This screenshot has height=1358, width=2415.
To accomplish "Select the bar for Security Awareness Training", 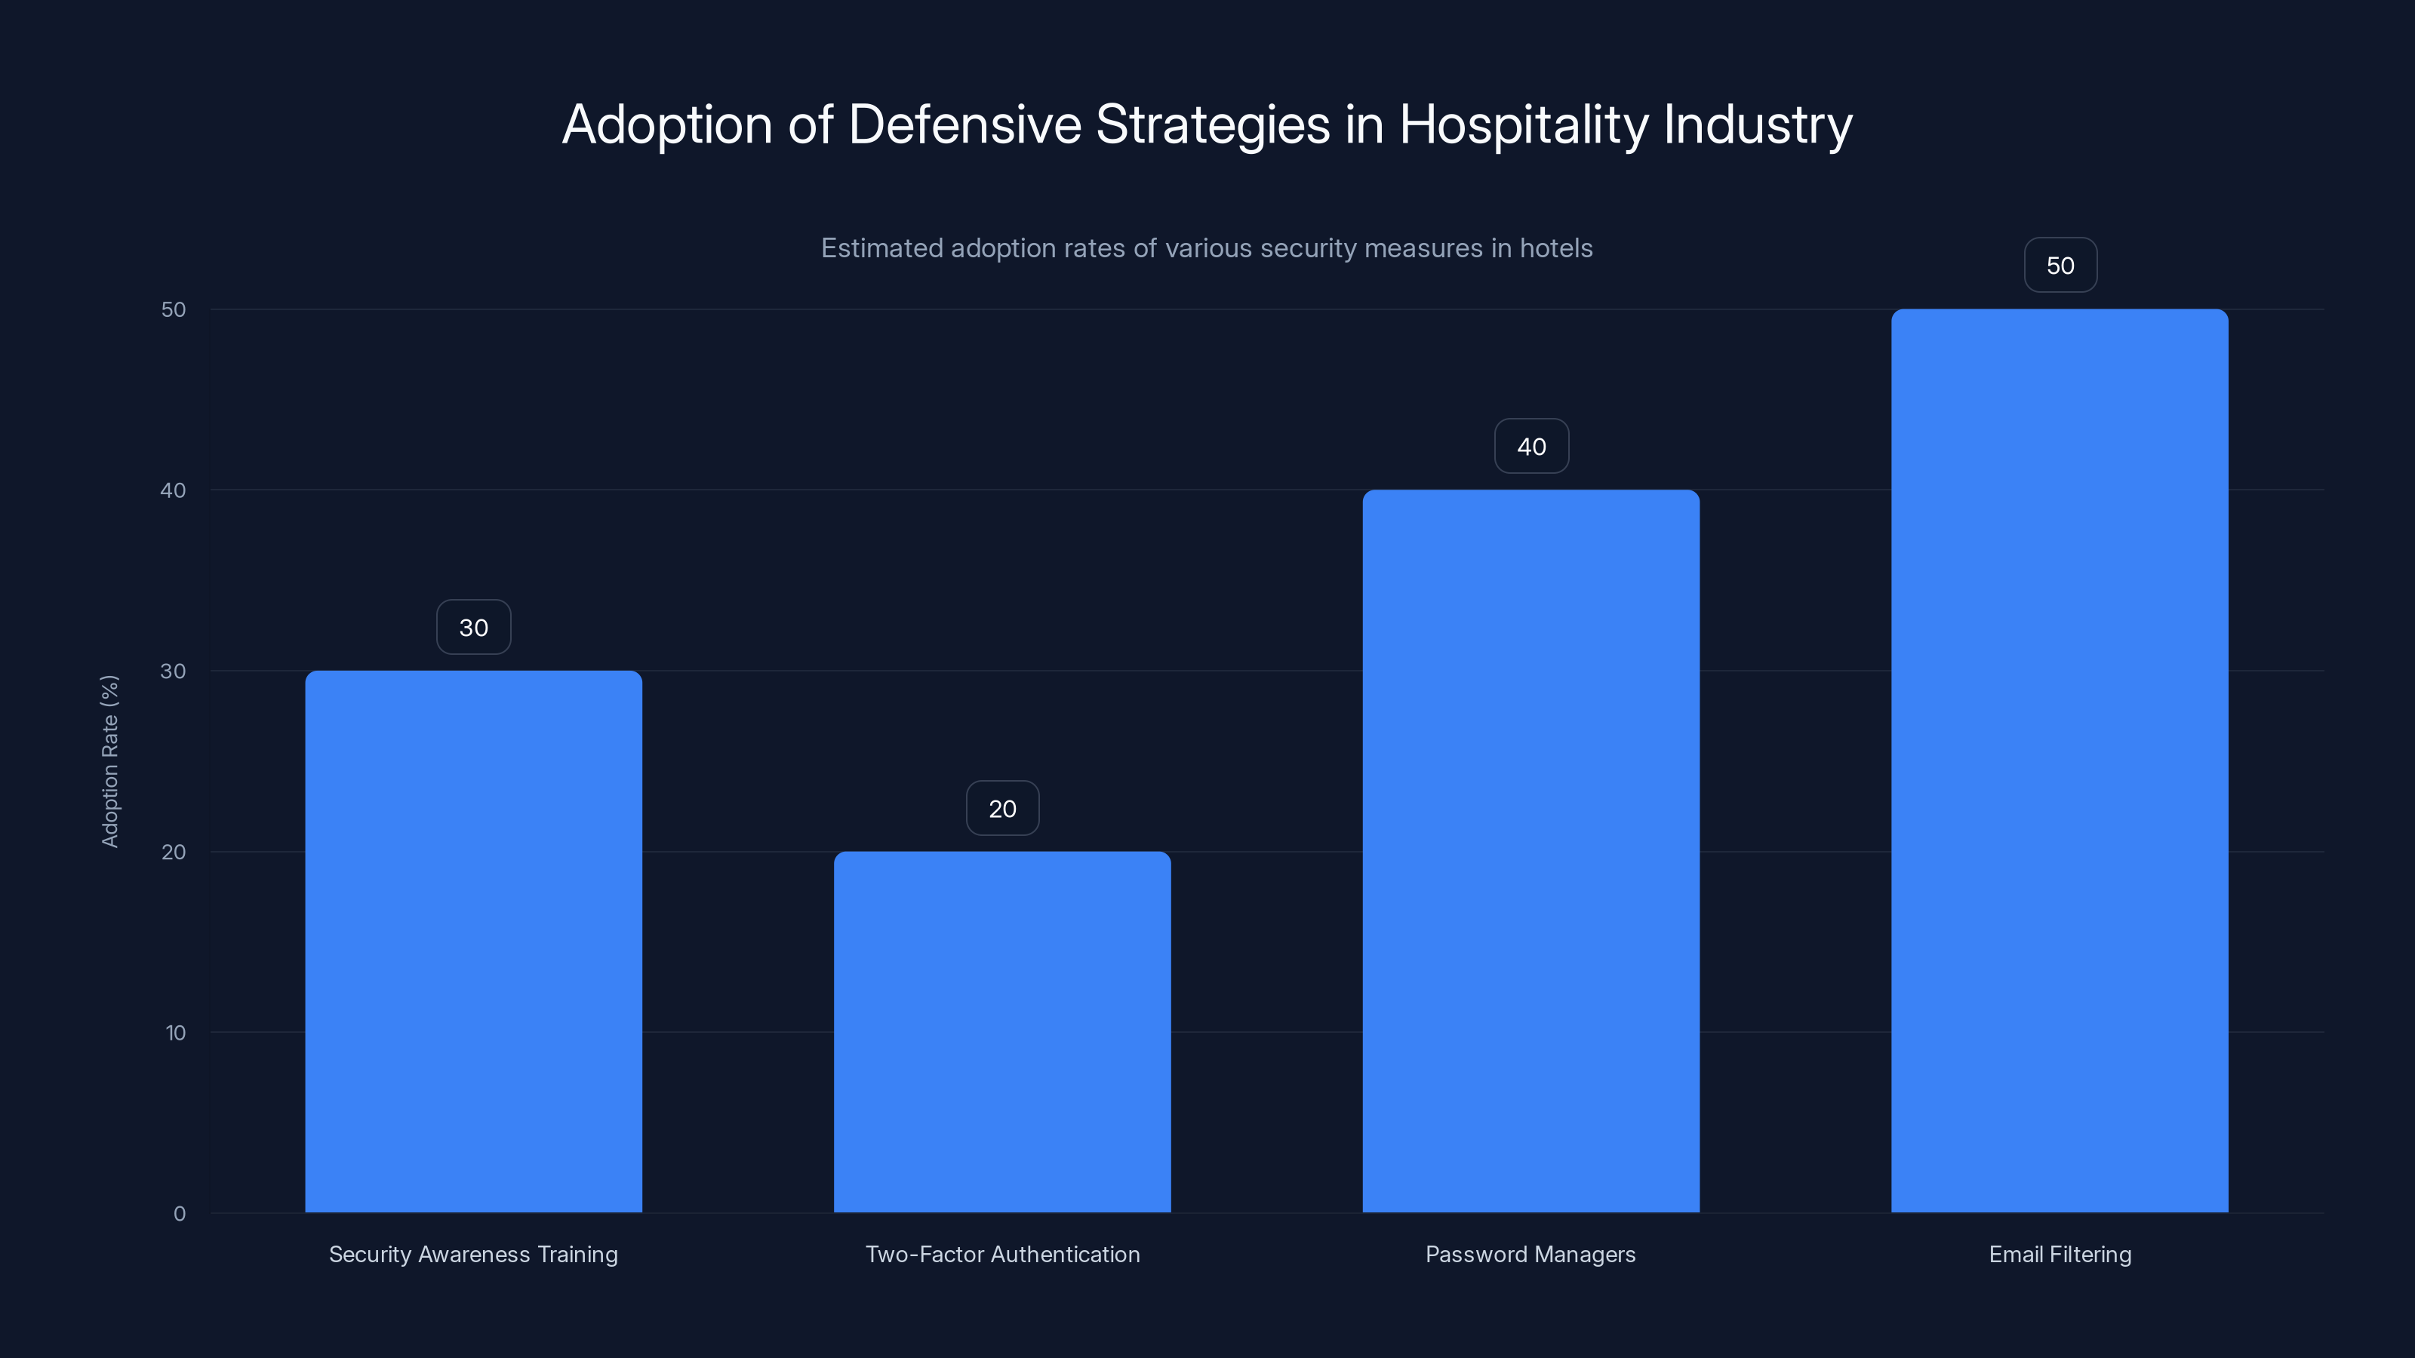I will click(473, 941).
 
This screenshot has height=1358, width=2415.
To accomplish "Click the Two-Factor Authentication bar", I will click(1002, 1031).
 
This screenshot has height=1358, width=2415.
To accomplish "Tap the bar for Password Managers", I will click(1531, 851).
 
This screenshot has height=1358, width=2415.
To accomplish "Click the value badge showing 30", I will click(473, 627).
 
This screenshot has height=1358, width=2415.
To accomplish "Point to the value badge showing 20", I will click(1002, 808).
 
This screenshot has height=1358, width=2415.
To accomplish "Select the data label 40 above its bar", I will click(1531, 446).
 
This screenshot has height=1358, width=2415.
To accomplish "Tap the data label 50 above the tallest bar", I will click(2060, 266).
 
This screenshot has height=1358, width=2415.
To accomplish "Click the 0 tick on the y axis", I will click(179, 1214).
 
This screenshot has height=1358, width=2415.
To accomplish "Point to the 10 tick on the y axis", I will click(175, 1033).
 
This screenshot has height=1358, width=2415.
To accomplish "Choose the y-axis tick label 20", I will click(174, 852).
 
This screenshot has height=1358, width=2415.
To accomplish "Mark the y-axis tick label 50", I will click(174, 309).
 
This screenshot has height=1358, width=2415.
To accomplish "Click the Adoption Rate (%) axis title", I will click(109, 761).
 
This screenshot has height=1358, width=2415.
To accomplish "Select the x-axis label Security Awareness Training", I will click(473, 1254).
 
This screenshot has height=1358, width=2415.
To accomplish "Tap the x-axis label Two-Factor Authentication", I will click(1002, 1254).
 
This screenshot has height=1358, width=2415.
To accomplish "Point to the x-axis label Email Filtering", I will click(2060, 1254).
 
